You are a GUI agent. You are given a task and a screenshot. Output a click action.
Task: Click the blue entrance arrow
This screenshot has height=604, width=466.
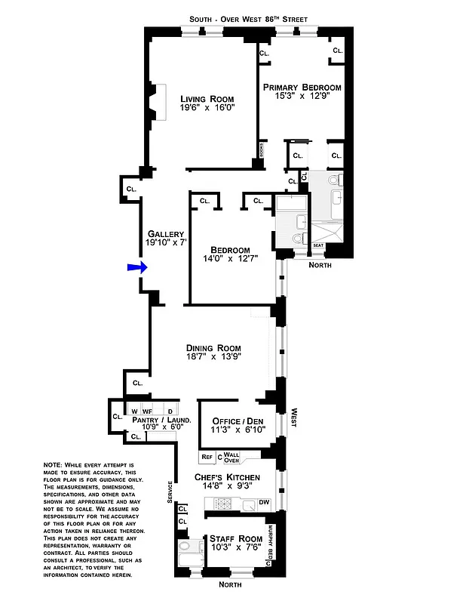(135, 267)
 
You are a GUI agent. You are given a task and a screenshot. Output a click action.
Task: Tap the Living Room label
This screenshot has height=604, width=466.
(207, 99)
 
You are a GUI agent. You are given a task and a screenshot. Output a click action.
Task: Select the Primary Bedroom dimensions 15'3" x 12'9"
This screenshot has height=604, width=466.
(302, 96)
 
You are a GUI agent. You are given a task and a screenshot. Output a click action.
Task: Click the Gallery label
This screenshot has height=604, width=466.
(166, 233)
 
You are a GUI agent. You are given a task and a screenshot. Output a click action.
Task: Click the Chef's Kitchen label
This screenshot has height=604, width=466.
(227, 477)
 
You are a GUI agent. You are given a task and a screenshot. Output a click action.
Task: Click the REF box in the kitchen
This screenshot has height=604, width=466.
(207, 457)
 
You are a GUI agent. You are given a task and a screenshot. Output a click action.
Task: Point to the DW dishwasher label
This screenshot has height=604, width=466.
(264, 502)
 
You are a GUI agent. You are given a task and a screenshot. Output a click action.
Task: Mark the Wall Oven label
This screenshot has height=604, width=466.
(231, 457)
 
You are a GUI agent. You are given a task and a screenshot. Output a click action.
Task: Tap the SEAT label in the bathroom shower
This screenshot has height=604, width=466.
(318, 245)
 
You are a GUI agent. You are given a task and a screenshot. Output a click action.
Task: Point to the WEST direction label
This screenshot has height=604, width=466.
(293, 419)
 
